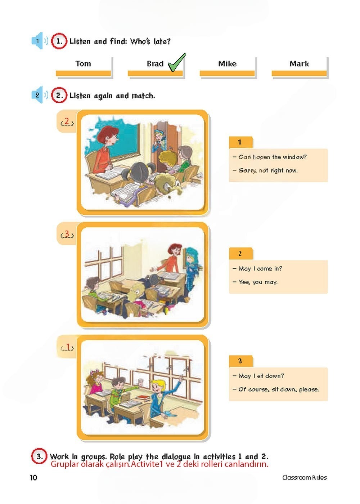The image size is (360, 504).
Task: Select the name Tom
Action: (x=83, y=64)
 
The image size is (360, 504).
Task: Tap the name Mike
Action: (x=227, y=64)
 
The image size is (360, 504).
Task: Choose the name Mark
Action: (x=299, y=64)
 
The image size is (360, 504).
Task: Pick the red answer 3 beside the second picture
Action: (x=67, y=233)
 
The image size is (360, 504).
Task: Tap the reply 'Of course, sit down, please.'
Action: (x=276, y=389)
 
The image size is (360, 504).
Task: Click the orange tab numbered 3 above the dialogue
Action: (x=241, y=361)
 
